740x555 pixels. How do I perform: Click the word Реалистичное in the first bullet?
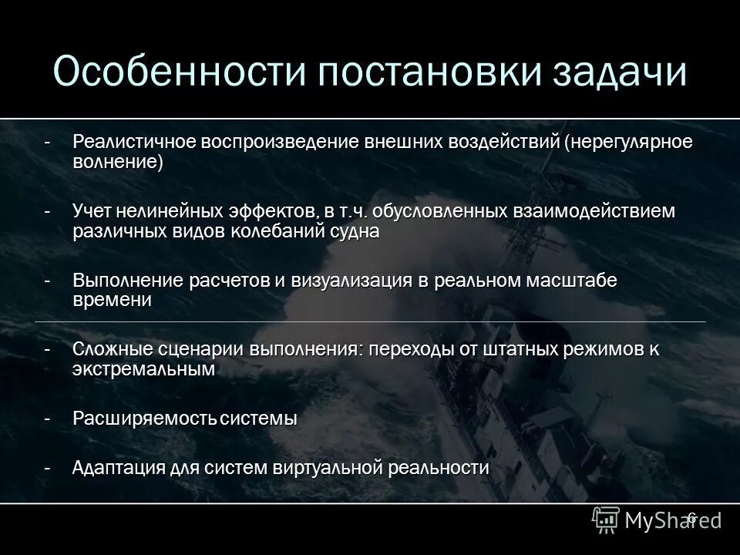click(x=134, y=143)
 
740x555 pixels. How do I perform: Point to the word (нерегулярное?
click(x=627, y=143)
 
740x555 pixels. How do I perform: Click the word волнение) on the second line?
click(x=118, y=163)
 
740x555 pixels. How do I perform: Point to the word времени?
click(x=113, y=301)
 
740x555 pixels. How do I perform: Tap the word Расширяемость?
click(x=145, y=419)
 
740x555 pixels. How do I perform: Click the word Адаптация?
click(x=117, y=468)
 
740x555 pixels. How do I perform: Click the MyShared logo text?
click(x=659, y=520)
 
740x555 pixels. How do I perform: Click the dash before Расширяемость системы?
click(x=48, y=419)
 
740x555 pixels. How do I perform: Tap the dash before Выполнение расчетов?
click(x=48, y=281)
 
